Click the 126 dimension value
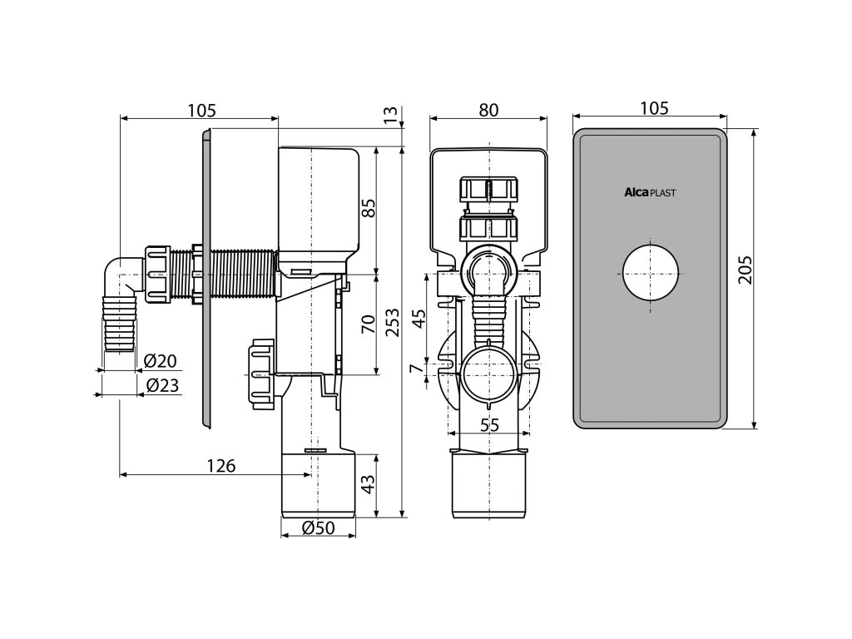[x=220, y=466]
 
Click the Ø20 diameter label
[x=161, y=362]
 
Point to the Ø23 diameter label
[x=161, y=386]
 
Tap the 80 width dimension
[x=488, y=109]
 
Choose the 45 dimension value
[x=421, y=318]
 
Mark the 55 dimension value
[x=489, y=424]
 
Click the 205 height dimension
[x=745, y=269]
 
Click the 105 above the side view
[x=201, y=109]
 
